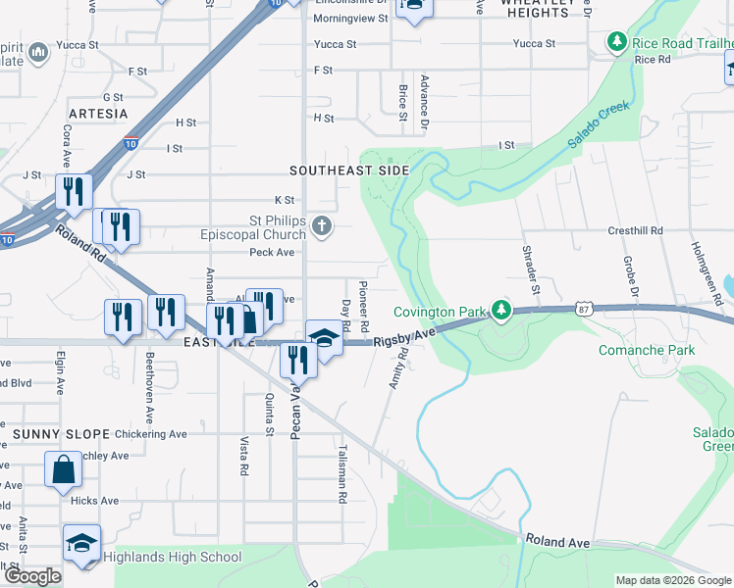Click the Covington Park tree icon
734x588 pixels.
click(x=501, y=311)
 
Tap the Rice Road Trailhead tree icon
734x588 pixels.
click(x=617, y=42)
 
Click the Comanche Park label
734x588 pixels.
click(x=647, y=350)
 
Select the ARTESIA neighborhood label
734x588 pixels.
click(x=98, y=114)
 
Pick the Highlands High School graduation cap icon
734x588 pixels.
click(x=81, y=542)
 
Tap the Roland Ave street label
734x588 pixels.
click(x=557, y=541)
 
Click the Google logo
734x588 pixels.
click(x=32, y=576)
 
